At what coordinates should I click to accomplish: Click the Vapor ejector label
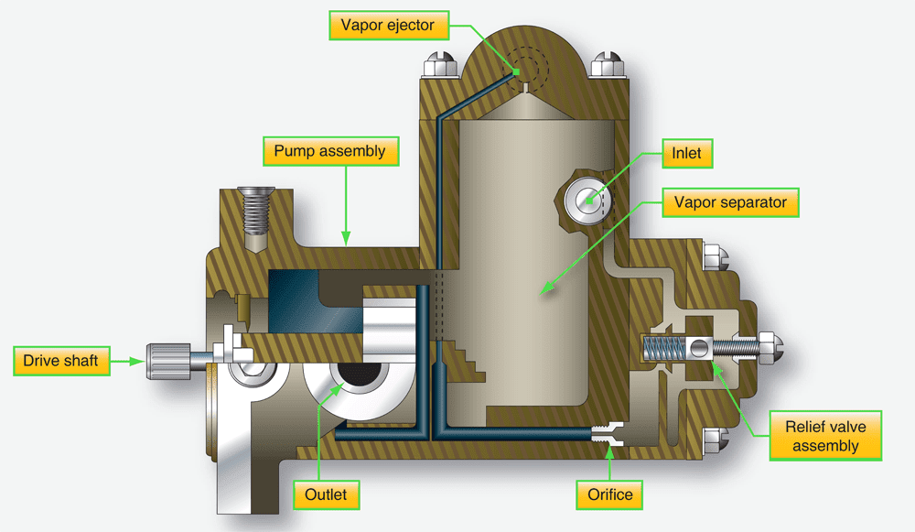[x=389, y=26]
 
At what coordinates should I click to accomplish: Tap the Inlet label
[x=686, y=153]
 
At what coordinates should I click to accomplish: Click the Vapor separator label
[x=730, y=202]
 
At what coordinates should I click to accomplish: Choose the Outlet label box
[x=326, y=494]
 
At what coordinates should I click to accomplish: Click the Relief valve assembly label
[x=826, y=435]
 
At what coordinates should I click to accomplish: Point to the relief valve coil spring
[x=664, y=348]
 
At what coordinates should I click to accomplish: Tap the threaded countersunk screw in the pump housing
[x=254, y=212]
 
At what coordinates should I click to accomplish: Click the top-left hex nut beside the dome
[x=435, y=66]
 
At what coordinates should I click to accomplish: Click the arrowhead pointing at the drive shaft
[x=139, y=361]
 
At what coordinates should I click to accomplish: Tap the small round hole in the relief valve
[x=700, y=347]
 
